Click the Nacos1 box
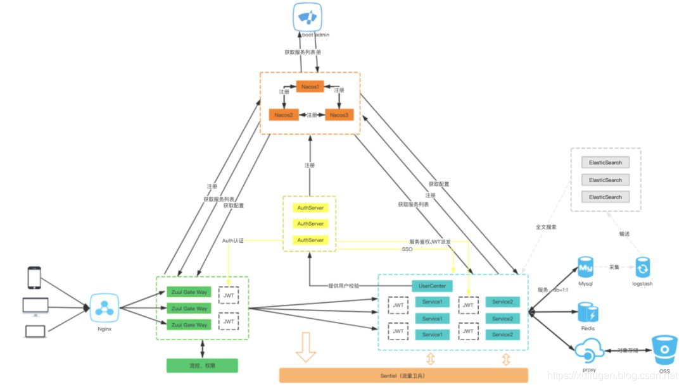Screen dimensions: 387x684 click(x=310, y=86)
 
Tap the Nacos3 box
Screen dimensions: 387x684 click(x=339, y=115)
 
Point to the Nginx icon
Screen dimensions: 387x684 click(x=103, y=309)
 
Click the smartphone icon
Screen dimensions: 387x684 click(x=34, y=278)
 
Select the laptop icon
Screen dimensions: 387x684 click(x=34, y=331)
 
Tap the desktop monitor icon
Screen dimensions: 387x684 click(x=34, y=305)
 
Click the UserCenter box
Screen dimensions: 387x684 click(x=433, y=286)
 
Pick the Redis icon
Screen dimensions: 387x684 click(x=588, y=312)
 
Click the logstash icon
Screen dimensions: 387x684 click(x=643, y=268)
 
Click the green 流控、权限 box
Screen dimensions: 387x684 click(x=202, y=365)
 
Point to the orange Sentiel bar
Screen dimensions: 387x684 click(x=403, y=376)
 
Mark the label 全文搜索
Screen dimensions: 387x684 click(x=546, y=226)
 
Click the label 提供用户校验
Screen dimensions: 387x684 click(x=344, y=286)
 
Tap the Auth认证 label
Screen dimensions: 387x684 click(x=232, y=241)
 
